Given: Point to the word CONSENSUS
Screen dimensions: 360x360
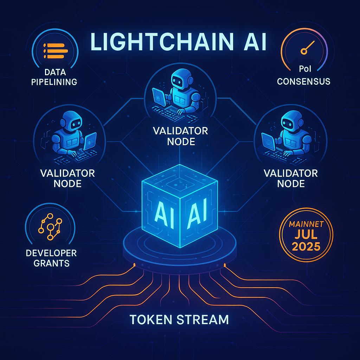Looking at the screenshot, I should [x=303, y=82].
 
